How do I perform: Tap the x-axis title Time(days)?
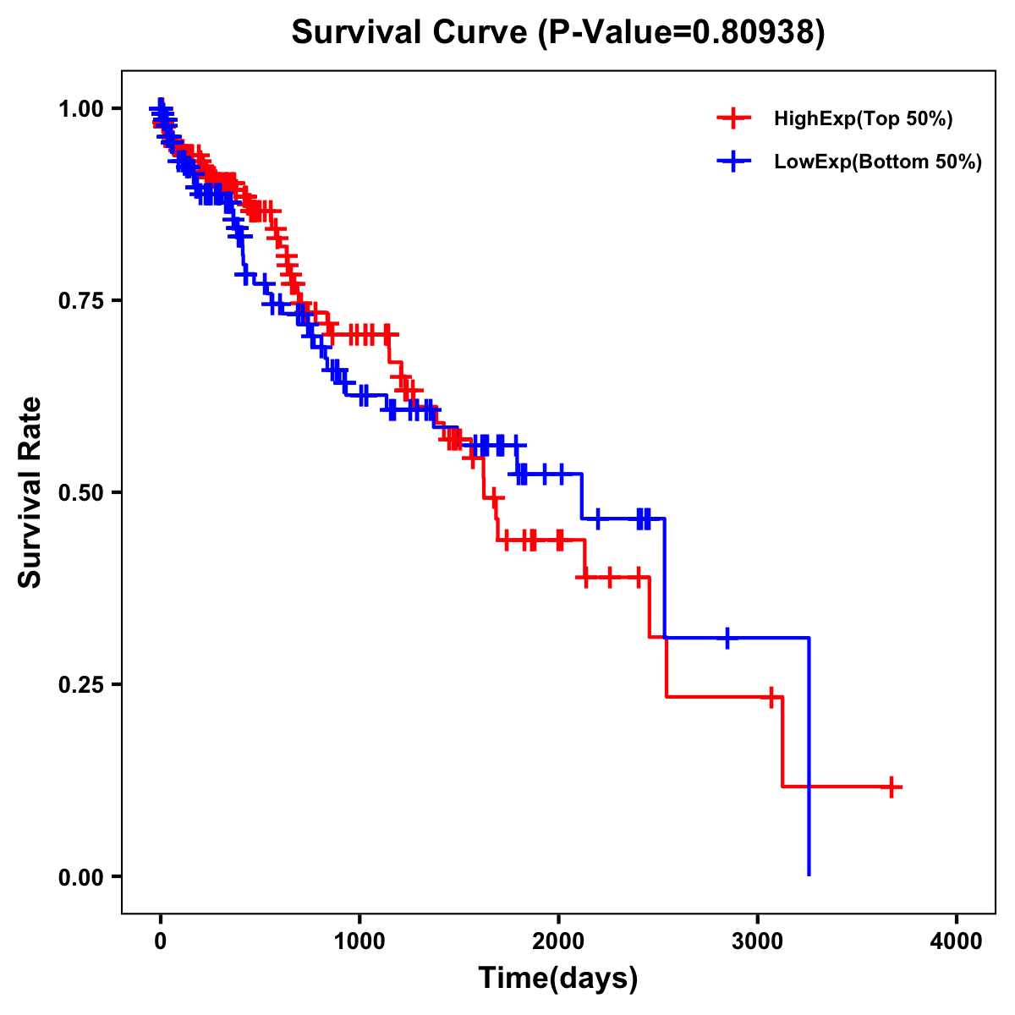point(558,978)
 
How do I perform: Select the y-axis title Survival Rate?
point(30,492)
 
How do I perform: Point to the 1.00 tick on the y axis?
point(80,108)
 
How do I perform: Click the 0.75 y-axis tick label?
point(80,300)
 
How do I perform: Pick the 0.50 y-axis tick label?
point(80,492)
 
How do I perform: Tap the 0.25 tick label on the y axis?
point(80,684)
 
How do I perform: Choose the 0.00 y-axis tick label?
point(80,876)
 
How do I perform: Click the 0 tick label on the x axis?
point(161,941)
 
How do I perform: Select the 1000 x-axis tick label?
point(359,941)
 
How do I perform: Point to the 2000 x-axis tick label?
point(558,941)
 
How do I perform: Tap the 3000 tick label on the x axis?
point(758,941)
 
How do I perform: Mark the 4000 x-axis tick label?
point(957,941)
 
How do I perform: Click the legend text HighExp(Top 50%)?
point(864,119)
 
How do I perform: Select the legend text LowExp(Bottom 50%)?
point(878,162)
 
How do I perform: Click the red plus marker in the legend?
point(733,119)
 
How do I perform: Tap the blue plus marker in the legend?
point(733,162)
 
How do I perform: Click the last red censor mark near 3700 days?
point(891,787)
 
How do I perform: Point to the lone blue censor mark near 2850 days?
point(727,638)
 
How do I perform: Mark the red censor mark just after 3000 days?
point(771,697)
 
